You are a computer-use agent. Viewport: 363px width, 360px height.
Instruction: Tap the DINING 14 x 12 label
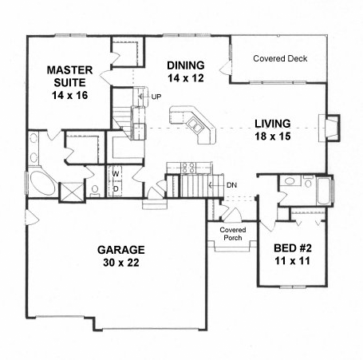[x=186, y=72]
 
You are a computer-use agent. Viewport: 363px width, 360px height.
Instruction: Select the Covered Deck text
[x=280, y=58]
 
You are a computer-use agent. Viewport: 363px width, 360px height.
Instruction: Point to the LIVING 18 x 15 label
[x=273, y=130]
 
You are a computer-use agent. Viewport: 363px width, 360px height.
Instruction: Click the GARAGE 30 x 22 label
[x=121, y=256]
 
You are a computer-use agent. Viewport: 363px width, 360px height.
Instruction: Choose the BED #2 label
[x=293, y=248]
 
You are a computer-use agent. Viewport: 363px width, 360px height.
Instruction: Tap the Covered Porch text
[x=233, y=234]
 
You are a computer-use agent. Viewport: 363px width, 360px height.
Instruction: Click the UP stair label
[x=156, y=97]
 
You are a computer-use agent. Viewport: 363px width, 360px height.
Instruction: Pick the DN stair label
[x=231, y=185]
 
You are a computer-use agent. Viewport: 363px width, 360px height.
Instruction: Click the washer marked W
[x=115, y=174]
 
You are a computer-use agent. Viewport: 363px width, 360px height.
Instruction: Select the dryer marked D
[x=116, y=188]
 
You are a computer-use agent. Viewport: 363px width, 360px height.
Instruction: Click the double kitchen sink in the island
[x=195, y=125]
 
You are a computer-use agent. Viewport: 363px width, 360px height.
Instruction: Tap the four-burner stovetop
[x=188, y=168]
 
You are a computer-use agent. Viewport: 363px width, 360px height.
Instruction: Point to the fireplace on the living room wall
[x=329, y=129]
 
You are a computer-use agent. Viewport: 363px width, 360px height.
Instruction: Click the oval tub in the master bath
[x=42, y=182]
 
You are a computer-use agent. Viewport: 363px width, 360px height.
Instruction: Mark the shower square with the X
[x=72, y=192]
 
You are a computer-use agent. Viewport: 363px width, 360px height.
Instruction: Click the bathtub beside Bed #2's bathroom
[x=324, y=191]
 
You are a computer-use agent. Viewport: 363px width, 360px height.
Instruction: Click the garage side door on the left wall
[x=32, y=217]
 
